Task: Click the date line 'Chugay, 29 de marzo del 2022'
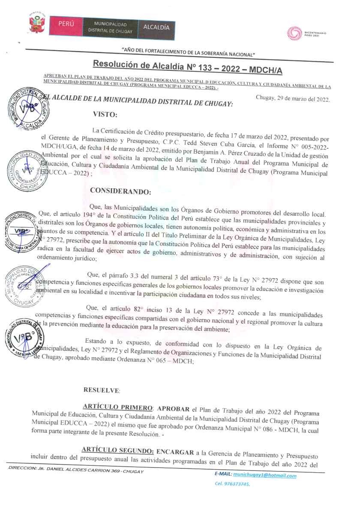[292, 99]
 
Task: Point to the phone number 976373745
[237, 484]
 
